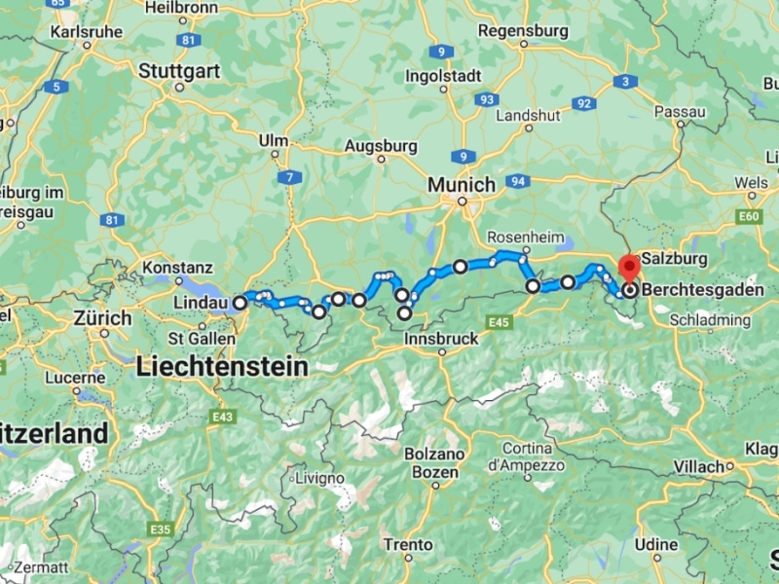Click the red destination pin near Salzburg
(x=629, y=265)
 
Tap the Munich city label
(x=462, y=184)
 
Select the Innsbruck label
(x=441, y=339)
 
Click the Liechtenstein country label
(x=223, y=367)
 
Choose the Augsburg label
(x=381, y=147)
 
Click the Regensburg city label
(x=523, y=31)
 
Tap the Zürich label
(x=102, y=318)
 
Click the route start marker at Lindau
(x=240, y=303)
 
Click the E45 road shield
(x=501, y=322)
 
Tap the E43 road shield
(x=222, y=417)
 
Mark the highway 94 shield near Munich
(x=518, y=182)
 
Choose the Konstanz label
(x=177, y=267)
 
